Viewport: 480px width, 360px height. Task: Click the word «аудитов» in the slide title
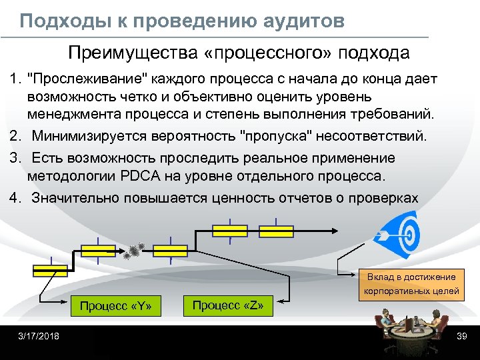(x=306, y=21)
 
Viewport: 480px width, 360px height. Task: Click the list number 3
(x=14, y=159)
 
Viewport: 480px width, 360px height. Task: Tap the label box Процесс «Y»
(x=116, y=307)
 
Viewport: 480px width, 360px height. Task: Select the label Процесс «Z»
(x=228, y=305)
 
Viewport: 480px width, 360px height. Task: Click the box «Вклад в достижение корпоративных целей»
(x=411, y=283)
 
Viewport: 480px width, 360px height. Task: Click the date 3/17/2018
(x=39, y=336)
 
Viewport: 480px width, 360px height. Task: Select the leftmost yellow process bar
(x=50, y=269)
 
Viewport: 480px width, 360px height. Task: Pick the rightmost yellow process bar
(x=276, y=231)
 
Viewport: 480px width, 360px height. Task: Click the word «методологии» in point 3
(x=72, y=176)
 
